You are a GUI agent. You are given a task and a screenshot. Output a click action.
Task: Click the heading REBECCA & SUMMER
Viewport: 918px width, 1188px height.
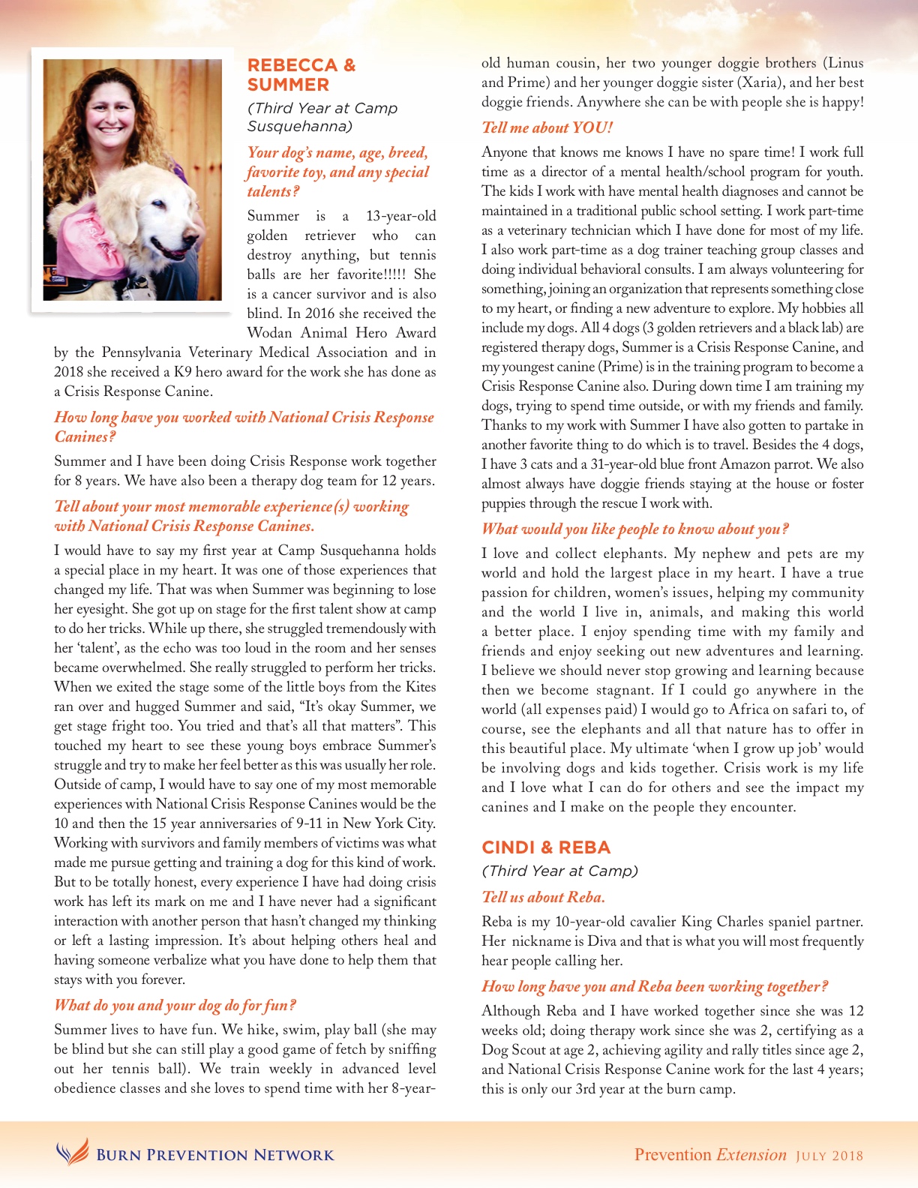click(301, 75)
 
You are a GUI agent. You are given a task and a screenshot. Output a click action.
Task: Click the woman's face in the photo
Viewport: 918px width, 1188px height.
click(112, 112)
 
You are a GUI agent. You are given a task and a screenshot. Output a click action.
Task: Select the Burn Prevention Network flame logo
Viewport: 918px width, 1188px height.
click(72, 1153)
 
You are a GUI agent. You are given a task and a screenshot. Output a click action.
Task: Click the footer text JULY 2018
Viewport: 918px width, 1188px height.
click(829, 1156)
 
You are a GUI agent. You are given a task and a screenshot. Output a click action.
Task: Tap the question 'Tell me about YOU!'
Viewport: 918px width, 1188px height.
click(547, 127)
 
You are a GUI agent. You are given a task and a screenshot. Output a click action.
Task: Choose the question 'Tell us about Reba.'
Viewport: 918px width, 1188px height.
click(543, 897)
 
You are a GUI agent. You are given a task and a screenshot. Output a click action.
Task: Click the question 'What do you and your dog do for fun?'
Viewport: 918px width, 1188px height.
click(175, 1005)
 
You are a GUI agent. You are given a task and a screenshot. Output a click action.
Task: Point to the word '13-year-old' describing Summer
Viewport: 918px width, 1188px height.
click(400, 216)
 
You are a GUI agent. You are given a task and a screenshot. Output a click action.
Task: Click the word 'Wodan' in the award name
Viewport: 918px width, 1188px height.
click(271, 333)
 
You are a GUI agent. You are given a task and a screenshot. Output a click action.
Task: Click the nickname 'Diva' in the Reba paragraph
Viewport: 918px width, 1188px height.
click(601, 941)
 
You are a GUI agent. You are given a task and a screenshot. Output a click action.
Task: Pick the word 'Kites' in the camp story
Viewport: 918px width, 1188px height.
click(421, 687)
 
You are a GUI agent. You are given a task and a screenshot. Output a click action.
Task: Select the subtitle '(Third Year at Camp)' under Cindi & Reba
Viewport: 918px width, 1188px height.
click(559, 871)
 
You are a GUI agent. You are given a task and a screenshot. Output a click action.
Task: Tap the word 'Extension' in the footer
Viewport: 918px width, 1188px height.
click(751, 1155)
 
